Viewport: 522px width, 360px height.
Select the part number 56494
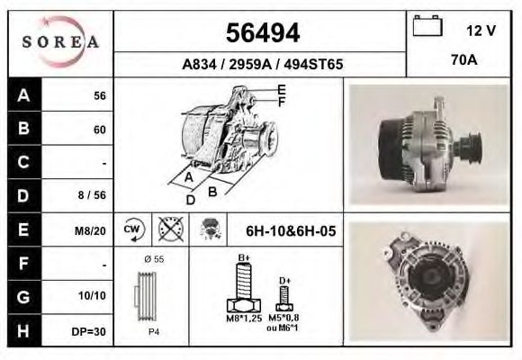(261, 33)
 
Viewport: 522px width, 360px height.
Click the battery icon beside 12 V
(426, 27)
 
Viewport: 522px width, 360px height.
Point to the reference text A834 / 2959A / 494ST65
(261, 65)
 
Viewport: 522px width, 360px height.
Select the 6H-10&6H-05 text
(290, 231)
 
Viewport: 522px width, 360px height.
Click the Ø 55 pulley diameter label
(152, 259)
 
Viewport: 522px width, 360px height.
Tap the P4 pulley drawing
(152, 297)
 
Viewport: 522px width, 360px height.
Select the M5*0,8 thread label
(284, 317)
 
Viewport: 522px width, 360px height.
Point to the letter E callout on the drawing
(282, 89)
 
